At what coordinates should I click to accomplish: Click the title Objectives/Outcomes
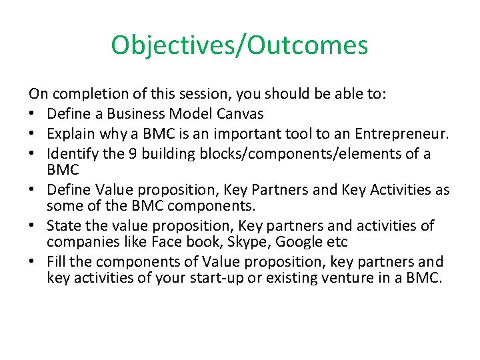point(239,45)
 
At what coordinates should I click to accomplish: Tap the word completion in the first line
point(82,95)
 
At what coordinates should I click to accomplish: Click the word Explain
point(70,133)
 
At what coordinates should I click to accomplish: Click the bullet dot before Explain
point(33,133)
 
